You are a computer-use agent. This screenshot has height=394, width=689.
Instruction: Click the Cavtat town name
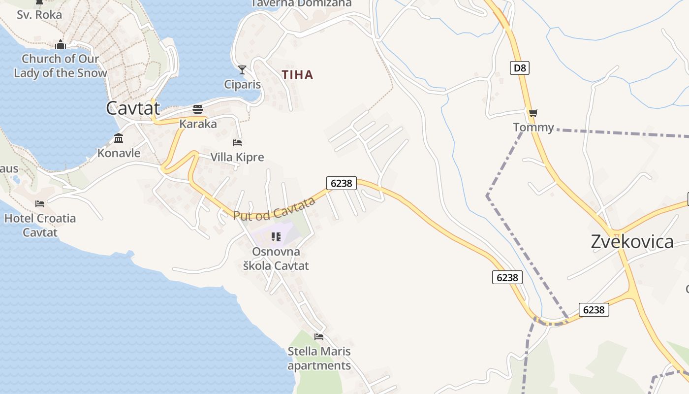point(133,108)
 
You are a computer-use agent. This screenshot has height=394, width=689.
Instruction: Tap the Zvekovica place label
point(632,241)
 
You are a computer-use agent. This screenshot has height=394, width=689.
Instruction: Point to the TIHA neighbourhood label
point(297,75)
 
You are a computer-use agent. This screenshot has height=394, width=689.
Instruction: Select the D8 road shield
point(520,67)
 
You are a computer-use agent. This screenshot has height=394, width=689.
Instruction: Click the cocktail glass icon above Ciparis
point(242,70)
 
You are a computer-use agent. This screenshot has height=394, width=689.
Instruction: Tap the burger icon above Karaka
point(198,109)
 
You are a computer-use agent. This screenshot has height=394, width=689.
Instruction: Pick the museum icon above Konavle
point(119,138)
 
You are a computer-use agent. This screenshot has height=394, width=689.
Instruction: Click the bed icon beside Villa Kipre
point(237,143)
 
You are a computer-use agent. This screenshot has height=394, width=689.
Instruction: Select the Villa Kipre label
point(237,157)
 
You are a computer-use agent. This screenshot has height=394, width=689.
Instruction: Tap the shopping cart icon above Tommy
point(533,113)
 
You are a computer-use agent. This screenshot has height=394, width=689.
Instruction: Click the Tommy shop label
point(533,128)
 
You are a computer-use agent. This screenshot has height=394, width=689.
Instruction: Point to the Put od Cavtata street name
point(274,209)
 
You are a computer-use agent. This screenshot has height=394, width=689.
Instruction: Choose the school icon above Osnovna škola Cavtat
point(276,237)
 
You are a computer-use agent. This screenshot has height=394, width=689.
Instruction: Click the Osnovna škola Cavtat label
point(276,259)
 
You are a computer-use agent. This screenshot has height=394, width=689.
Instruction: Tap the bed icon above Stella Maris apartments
point(319,337)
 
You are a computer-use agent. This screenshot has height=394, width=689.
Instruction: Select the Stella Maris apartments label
point(319,359)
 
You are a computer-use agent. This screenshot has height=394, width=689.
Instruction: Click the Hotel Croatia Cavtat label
point(40,225)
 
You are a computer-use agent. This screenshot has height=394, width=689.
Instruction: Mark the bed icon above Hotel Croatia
point(40,203)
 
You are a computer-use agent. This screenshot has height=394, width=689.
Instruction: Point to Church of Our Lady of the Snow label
point(60,66)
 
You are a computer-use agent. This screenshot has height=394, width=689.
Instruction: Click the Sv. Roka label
point(39,15)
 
